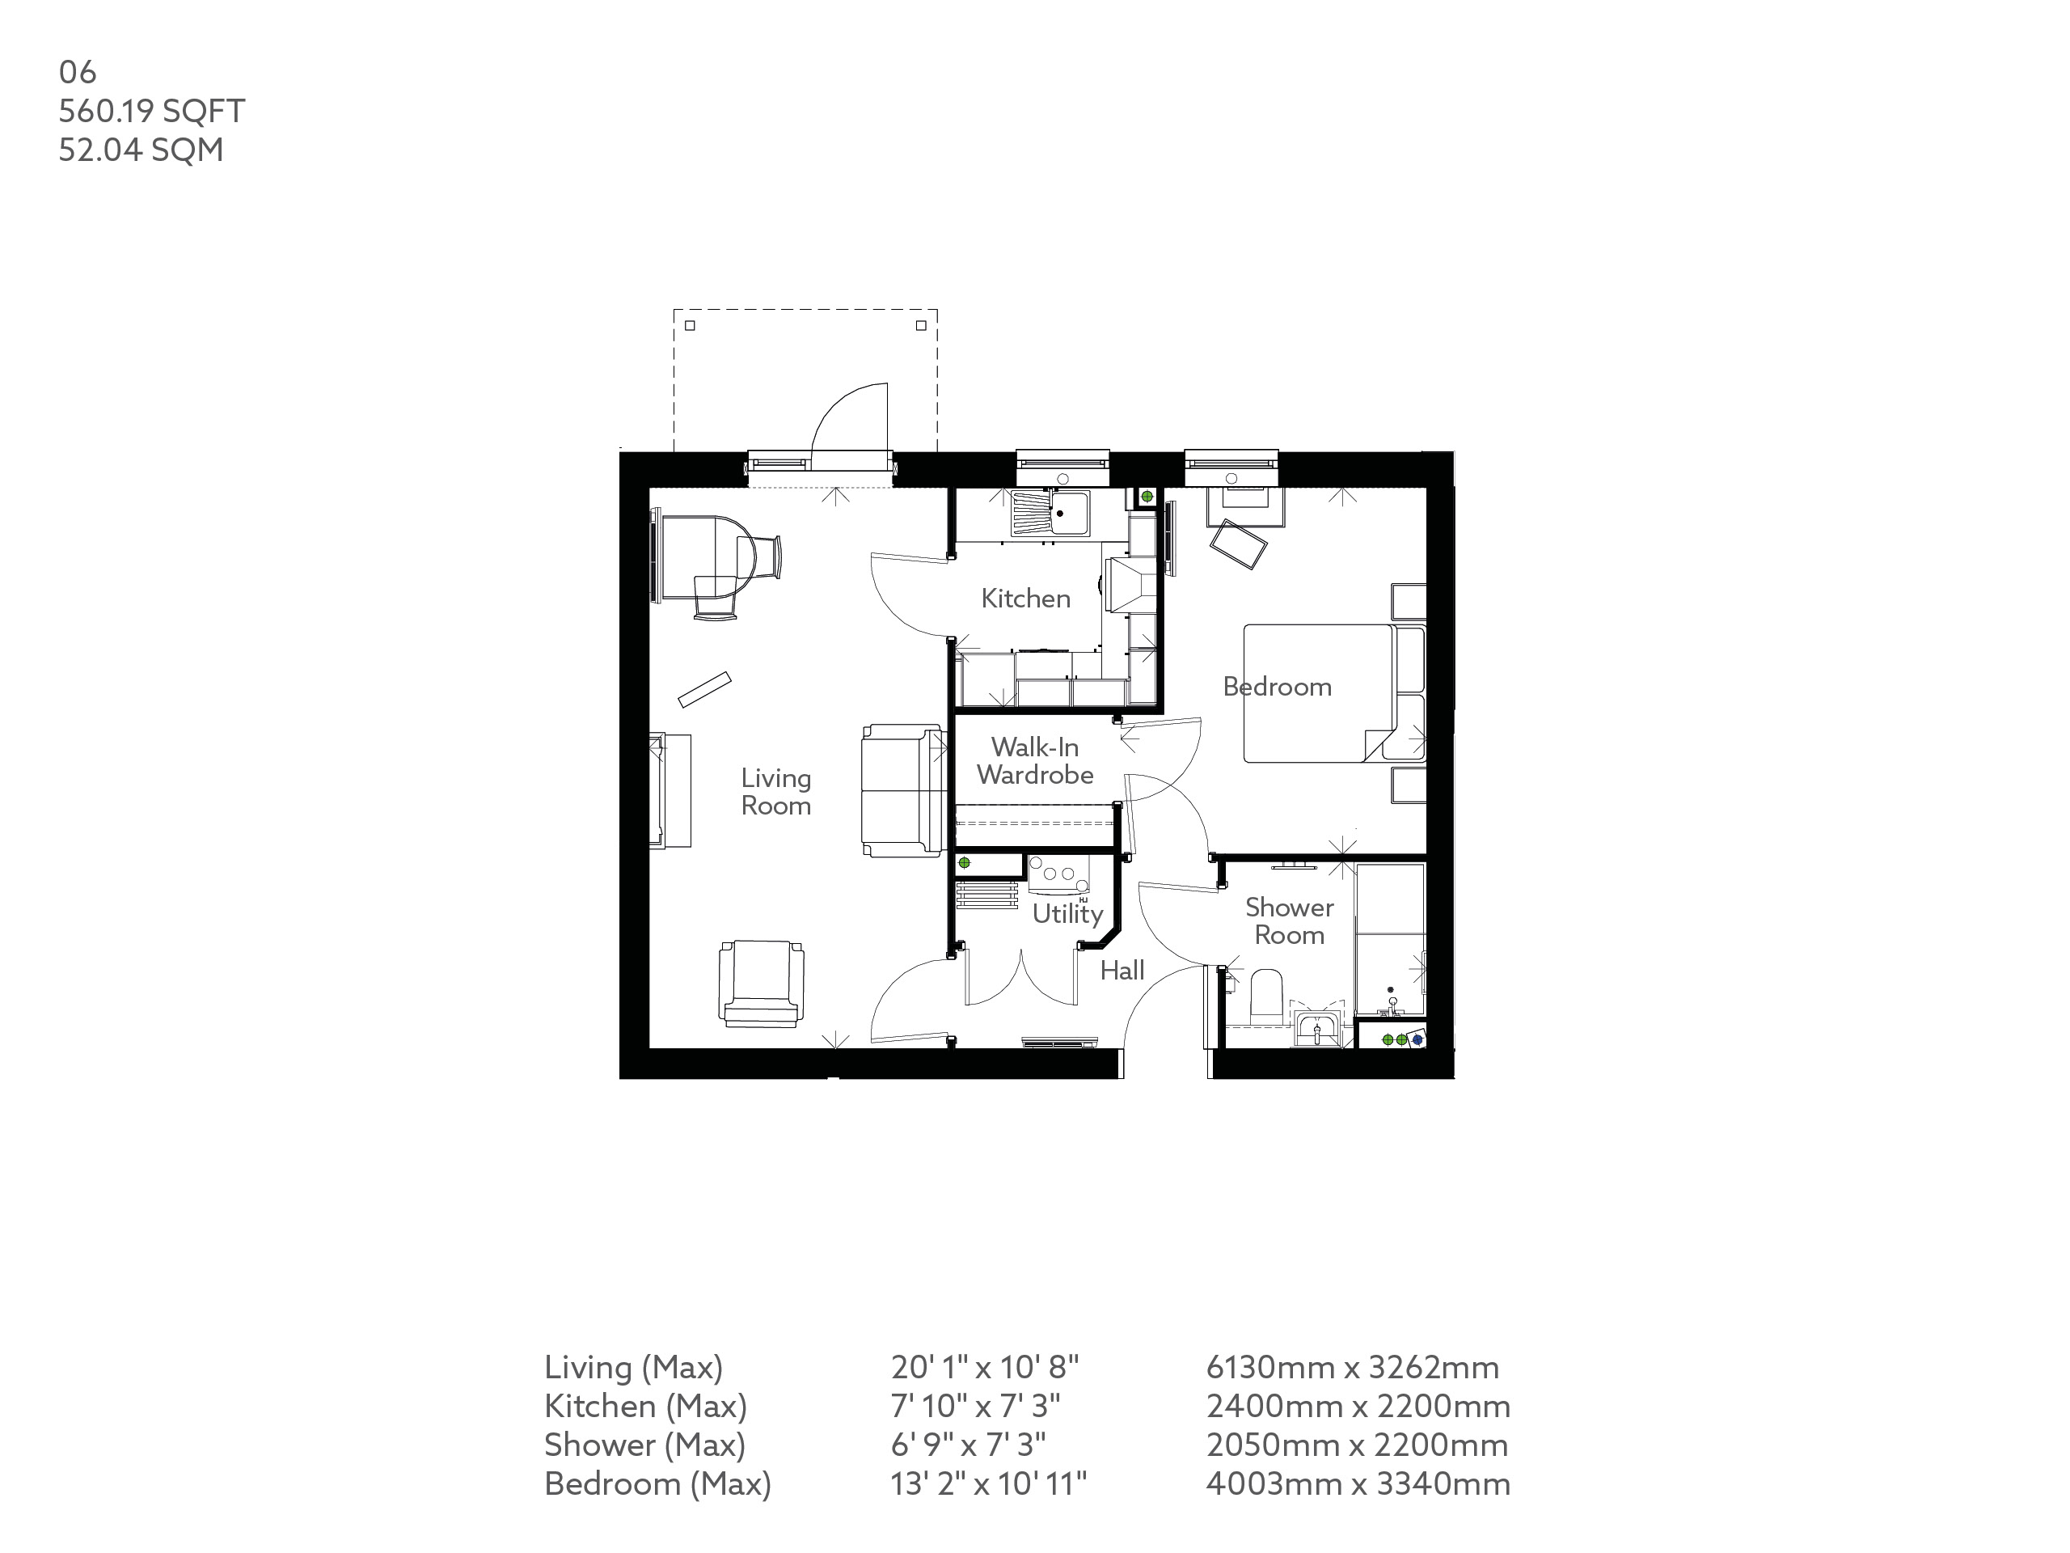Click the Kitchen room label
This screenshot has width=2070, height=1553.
pyautogui.click(x=1024, y=599)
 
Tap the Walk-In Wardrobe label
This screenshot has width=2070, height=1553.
pyautogui.click(x=1034, y=761)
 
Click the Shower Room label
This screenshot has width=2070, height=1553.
pyautogui.click(x=1289, y=921)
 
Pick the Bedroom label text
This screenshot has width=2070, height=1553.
pyautogui.click(x=1277, y=687)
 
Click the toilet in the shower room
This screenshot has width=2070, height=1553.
pyautogui.click(x=1266, y=996)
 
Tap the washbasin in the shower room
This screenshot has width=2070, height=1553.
pyautogui.click(x=1318, y=1030)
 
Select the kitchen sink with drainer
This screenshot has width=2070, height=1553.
pyautogui.click(x=1051, y=514)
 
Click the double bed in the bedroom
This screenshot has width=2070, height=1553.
pyautogui.click(x=1320, y=692)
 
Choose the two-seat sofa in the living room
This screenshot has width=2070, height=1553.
pyautogui.click(x=902, y=791)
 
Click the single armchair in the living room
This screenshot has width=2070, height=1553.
pyautogui.click(x=762, y=983)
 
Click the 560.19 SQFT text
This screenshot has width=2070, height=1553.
pyautogui.click(x=151, y=112)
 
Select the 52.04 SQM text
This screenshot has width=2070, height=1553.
pyautogui.click(x=141, y=150)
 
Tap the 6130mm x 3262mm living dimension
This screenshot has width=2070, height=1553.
pyautogui.click(x=1352, y=1368)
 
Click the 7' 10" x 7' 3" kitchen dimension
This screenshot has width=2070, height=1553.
pyautogui.click(x=975, y=1406)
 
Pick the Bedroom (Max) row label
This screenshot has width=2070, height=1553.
pyautogui.click(x=657, y=1483)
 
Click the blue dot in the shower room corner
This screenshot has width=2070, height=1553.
pyautogui.click(x=1417, y=1039)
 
